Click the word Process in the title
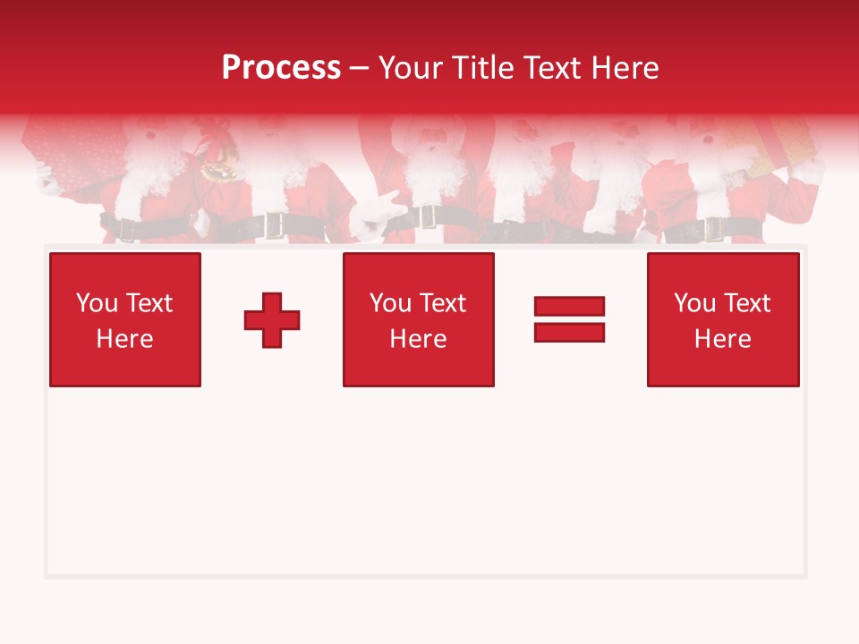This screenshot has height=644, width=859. [281, 67]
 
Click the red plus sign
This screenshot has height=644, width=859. [272, 320]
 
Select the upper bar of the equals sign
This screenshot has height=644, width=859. [569, 307]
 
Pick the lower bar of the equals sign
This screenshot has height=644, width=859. [569, 332]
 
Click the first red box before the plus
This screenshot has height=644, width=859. [124, 319]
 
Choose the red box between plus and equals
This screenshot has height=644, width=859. [418, 319]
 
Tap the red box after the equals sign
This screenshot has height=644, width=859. [722, 319]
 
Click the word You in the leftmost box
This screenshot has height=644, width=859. [97, 303]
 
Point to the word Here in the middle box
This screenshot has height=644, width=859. [418, 339]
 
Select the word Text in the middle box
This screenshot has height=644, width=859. [442, 303]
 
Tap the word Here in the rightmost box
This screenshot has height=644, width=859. [722, 339]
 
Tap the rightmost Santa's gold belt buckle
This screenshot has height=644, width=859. [714, 229]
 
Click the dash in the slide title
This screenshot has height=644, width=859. [360, 68]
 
